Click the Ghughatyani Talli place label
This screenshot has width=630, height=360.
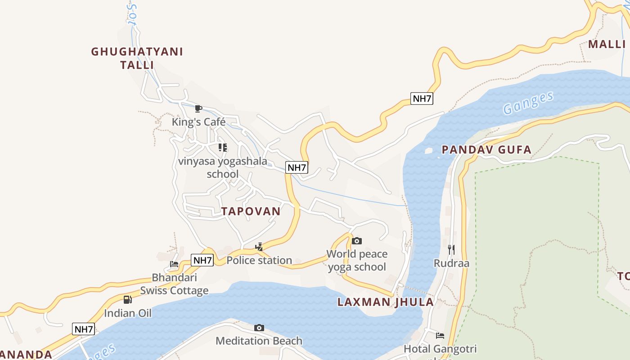click(137, 58)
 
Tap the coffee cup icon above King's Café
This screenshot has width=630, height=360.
click(198, 108)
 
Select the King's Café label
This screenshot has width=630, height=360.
click(198, 122)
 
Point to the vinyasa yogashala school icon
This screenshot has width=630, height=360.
click(223, 147)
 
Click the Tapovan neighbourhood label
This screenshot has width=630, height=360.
click(251, 211)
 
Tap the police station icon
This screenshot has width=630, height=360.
click(259, 247)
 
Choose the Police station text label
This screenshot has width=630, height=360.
click(259, 260)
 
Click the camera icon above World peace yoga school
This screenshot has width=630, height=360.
click(357, 241)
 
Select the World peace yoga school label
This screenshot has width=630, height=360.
click(357, 260)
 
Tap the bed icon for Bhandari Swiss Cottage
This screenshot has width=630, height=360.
click(174, 264)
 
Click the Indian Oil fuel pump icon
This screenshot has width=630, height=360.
click(128, 300)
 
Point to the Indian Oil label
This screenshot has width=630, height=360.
click(128, 313)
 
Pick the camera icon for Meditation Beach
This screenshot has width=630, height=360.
click(259, 328)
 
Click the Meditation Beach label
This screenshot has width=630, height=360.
click(259, 341)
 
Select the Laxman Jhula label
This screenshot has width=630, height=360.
click(386, 302)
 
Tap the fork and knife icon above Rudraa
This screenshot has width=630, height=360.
click(451, 249)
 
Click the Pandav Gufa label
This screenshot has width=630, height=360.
click(486, 149)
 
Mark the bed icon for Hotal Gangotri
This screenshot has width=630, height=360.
click(440, 335)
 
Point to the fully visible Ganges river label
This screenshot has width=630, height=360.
click(528, 103)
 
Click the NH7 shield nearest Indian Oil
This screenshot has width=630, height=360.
click(83, 329)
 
